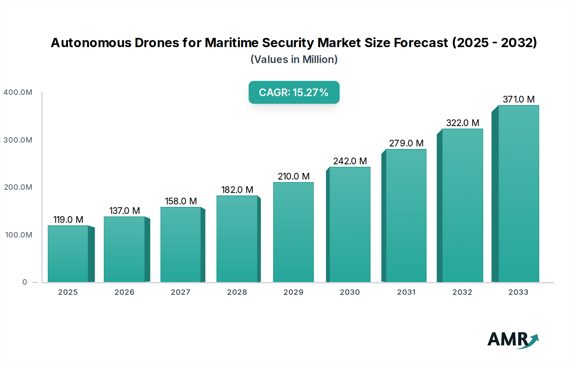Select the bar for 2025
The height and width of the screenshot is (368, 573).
tap(68, 254)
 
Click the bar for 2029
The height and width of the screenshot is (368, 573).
tap(293, 232)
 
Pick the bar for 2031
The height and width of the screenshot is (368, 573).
tap(406, 216)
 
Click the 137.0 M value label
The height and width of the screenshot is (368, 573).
tap(124, 211)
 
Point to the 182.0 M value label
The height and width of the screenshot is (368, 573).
tap(237, 190)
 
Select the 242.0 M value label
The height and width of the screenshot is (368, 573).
tap(350, 161)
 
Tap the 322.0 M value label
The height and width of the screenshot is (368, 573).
tap(463, 123)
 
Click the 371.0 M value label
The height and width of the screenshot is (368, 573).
tap(519, 99)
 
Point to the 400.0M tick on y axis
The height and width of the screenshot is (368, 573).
tap(18, 92)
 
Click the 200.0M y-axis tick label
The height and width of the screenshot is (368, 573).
tap(18, 187)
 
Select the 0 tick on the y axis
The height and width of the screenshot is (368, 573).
tap(25, 282)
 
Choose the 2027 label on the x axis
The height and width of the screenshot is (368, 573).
tap(180, 292)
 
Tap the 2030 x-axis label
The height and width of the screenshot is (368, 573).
tap(350, 292)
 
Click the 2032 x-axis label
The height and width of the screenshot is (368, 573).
tap(463, 292)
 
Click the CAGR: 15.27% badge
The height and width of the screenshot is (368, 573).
tap(294, 92)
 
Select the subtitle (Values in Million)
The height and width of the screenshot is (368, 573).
tap(294, 60)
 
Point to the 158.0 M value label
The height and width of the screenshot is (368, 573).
tap(181, 201)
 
